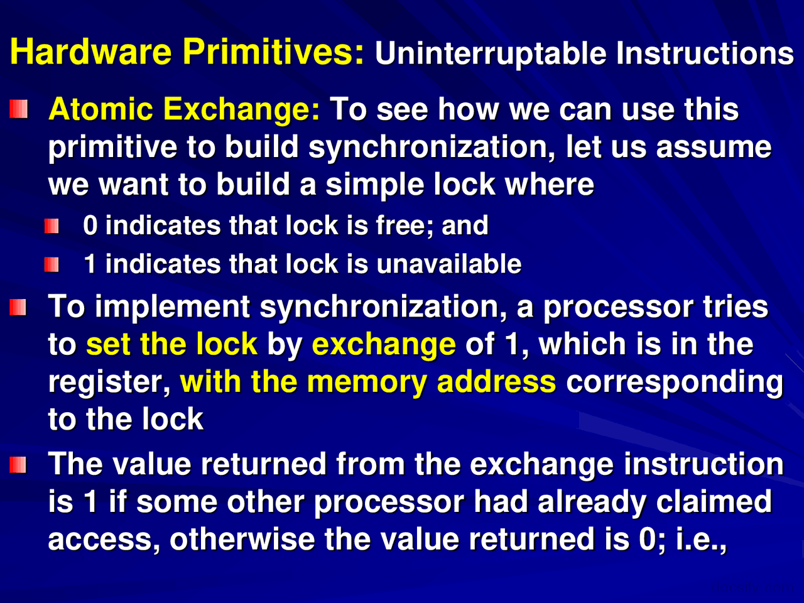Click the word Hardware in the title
(x=91, y=52)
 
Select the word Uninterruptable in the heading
(x=491, y=54)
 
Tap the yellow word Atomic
(x=100, y=109)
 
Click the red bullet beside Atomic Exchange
(x=19, y=109)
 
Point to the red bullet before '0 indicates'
(x=52, y=226)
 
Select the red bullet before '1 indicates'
(x=52, y=264)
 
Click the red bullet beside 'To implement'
(x=18, y=307)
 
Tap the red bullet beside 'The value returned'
(x=18, y=465)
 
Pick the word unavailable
(x=449, y=264)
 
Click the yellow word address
(x=496, y=381)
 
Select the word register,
(x=109, y=383)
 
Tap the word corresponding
(x=675, y=383)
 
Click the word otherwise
(x=242, y=540)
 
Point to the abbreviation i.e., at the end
(x=701, y=541)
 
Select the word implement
(x=173, y=308)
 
